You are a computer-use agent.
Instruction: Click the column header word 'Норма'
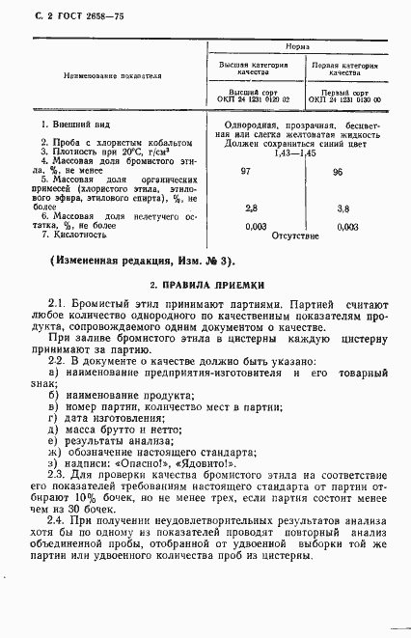tap(300, 45)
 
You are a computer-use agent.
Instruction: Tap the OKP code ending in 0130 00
tap(344, 98)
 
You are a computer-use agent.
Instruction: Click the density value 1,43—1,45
tap(294, 153)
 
